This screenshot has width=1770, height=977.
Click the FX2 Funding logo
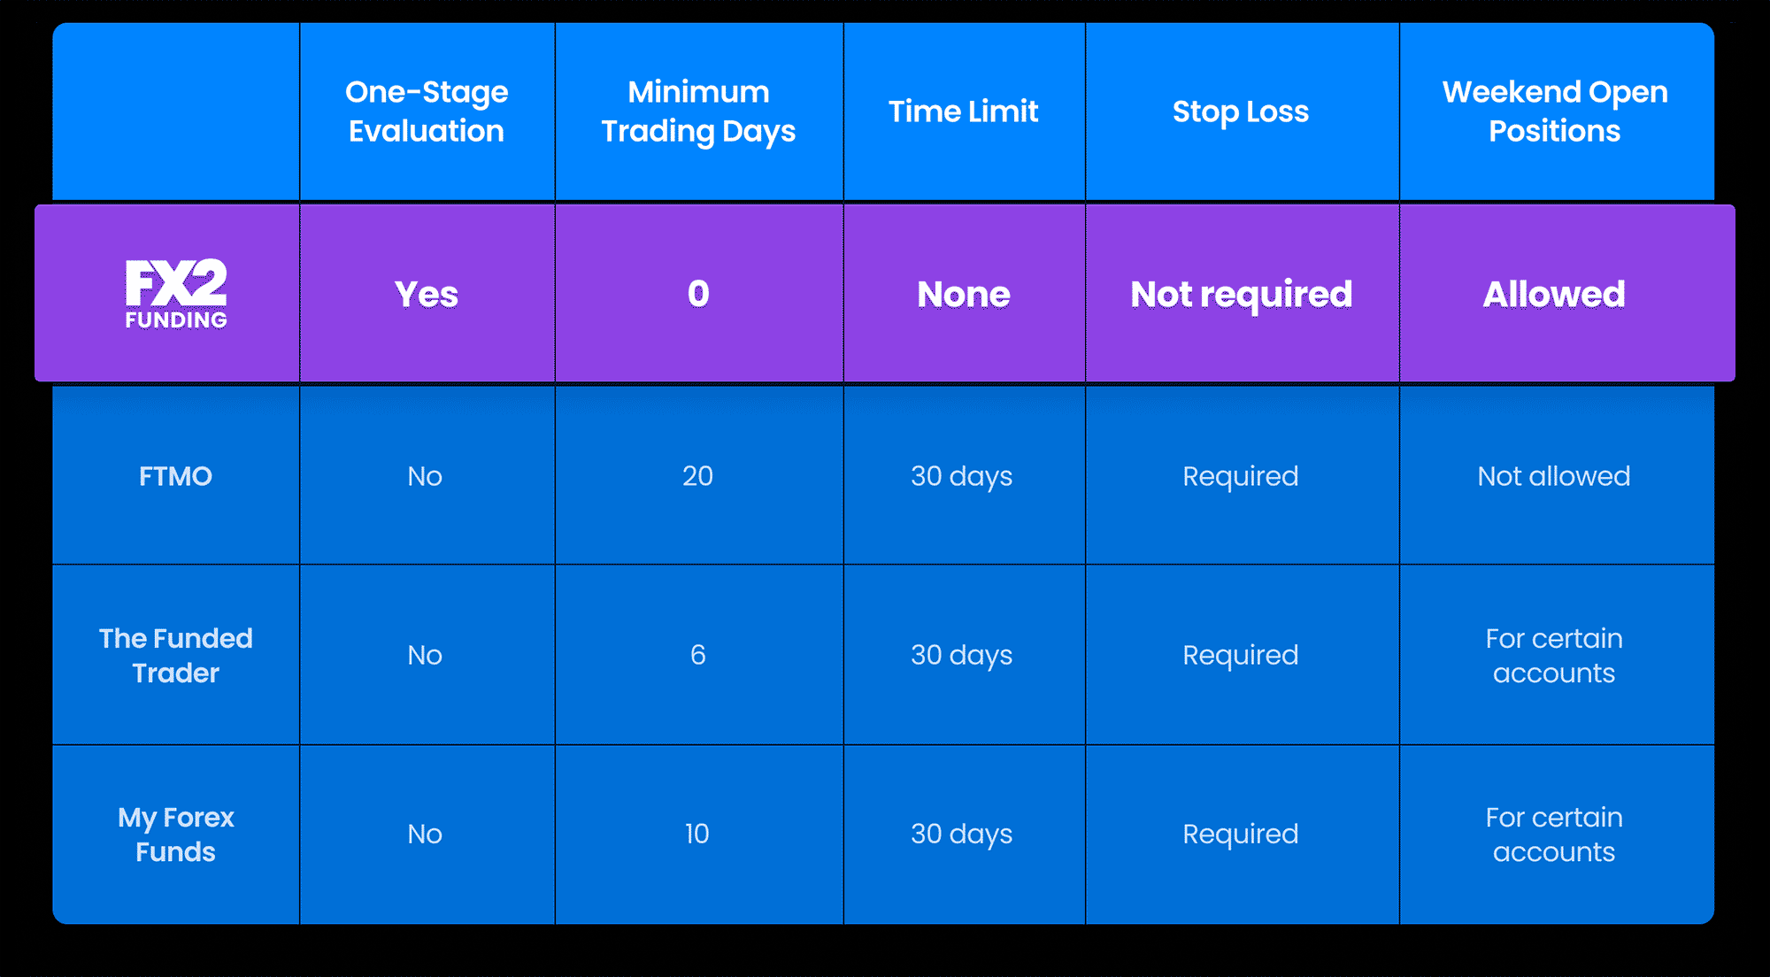pos(176,294)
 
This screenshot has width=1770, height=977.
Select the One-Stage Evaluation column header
pos(427,112)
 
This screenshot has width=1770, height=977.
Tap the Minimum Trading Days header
pos(698,112)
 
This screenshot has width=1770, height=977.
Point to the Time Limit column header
pos(963,112)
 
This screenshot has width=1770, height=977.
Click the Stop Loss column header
pos(1241,112)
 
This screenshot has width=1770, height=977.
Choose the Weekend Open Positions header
pos(1555,112)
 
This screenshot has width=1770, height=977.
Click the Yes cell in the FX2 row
pos(427,294)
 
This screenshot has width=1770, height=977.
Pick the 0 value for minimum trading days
pos(698,294)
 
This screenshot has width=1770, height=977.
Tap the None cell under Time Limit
pos(964,294)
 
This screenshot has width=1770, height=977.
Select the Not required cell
pos(1242,294)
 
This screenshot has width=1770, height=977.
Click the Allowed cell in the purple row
pos(1554,294)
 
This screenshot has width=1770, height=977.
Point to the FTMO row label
pos(176,476)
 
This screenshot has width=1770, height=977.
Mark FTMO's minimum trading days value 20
pos(697,476)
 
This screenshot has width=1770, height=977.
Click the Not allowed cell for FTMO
pos(1554,476)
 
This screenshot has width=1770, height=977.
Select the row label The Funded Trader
pos(176,656)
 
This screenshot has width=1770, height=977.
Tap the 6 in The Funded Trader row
pos(697,655)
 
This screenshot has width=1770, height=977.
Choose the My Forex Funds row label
pos(176,835)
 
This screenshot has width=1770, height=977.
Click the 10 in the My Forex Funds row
pos(696,834)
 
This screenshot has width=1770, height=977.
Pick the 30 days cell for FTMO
pos(962,477)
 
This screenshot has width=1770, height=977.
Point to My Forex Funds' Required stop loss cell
pos(1241,835)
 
